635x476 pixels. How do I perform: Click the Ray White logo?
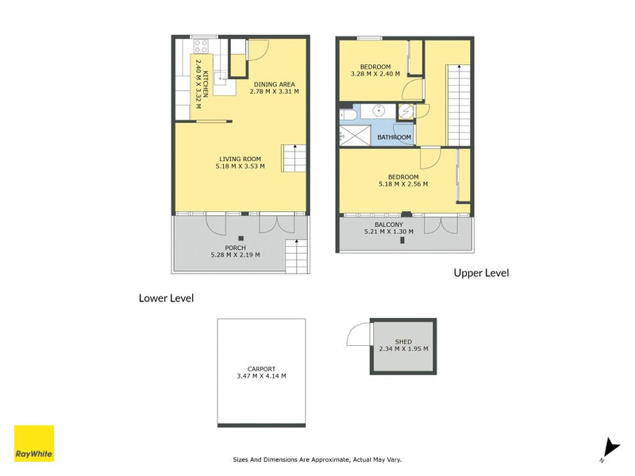pyautogui.click(x=34, y=443)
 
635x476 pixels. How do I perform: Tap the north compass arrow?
pyautogui.click(x=608, y=448)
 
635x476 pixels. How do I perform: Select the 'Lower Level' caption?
pyautogui.click(x=166, y=298)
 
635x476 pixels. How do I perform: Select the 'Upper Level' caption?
pyautogui.click(x=480, y=273)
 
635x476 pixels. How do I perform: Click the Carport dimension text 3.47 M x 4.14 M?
pyautogui.click(x=261, y=376)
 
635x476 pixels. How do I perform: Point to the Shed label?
pyautogui.click(x=402, y=341)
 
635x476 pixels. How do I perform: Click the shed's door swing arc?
pyautogui.click(x=357, y=336)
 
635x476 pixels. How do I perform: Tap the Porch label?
pyautogui.click(x=235, y=248)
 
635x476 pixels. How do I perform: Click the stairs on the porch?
pyautogui.click(x=295, y=256)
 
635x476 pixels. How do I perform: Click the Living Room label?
pyautogui.click(x=239, y=159)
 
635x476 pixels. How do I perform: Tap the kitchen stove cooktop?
pyautogui.click(x=200, y=45)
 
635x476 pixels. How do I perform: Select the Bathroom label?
pyautogui.click(x=394, y=137)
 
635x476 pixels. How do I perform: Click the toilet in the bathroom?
pyautogui.click(x=348, y=117)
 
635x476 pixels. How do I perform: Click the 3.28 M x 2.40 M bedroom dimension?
pyautogui.click(x=375, y=75)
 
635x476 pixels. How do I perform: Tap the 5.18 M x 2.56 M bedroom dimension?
pyautogui.click(x=402, y=184)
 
